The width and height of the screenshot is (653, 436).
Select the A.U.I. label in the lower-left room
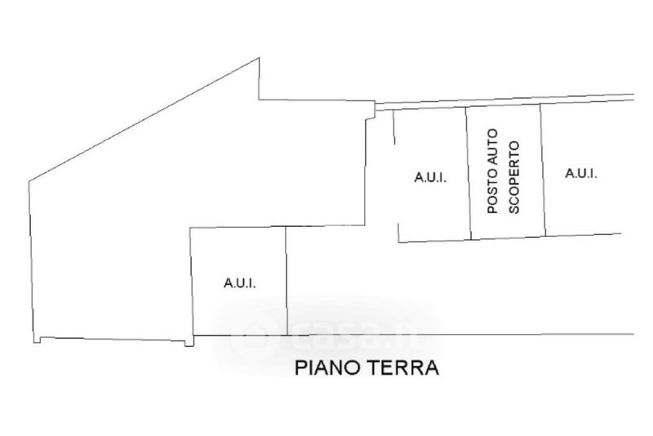tap(240, 283)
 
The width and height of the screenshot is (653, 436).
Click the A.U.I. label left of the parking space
tap(429, 176)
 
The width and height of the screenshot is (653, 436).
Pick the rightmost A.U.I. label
tap(581, 172)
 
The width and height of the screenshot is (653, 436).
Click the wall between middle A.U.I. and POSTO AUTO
tap(469, 173)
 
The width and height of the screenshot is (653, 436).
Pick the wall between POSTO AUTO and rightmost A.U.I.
tap(542, 170)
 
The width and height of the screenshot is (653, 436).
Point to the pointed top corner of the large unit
tap(259, 59)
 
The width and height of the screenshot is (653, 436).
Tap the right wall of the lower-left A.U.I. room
tap(287, 281)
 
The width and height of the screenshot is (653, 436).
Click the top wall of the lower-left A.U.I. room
tap(238, 228)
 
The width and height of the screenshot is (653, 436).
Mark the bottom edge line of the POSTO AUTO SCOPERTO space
tap(508, 238)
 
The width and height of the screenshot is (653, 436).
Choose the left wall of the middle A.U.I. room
tap(396, 176)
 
